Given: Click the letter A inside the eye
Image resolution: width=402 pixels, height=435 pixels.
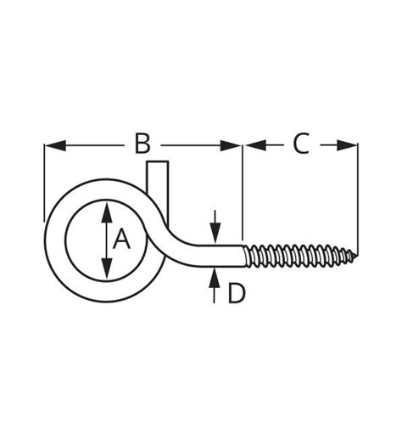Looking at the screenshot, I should click(x=122, y=240).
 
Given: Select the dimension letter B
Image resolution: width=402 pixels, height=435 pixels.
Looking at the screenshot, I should click(x=142, y=144).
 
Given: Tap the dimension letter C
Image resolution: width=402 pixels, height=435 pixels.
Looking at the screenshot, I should click(x=301, y=144).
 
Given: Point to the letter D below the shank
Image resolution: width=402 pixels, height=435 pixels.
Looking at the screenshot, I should click(x=236, y=293).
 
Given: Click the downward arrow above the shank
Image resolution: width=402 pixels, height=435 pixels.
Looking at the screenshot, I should click(x=215, y=231).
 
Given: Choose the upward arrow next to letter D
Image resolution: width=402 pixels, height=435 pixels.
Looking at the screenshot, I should click(x=215, y=278).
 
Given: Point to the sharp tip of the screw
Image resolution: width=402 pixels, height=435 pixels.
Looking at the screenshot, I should click(x=356, y=254).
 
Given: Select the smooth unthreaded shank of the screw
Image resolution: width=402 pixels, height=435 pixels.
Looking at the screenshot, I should click(x=222, y=254).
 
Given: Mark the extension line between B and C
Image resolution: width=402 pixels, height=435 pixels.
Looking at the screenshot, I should click(x=243, y=191).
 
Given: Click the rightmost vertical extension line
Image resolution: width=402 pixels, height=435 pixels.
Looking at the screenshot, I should click(x=358, y=195).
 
